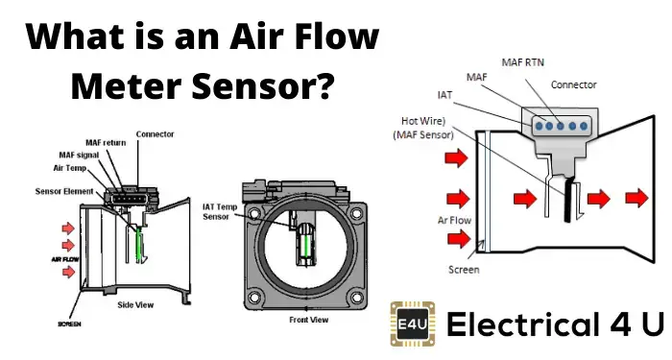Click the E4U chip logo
pyautogui.click(x=413, y=324)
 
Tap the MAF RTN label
pyautogui.click(x=522, y=62)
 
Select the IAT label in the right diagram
pyautogui.click(x=444, y=95)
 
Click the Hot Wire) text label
pyautogui.click(x=423, y=121)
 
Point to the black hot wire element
pyautogui.click(x=569, y=200)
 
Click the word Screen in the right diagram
pyautogui.click(x=464, y=270)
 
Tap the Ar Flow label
pyautogui.click(x=454, y=220)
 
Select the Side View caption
pyautogui.click(x=135, y=305)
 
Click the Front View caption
pyautogui.click(x=308, y=320)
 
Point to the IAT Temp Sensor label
pyautogui.click(x=220, y=212)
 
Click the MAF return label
pyautogui.click(x=106, y=143)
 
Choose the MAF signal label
pyautogui.click(x=79, y=156)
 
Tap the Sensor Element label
pyautogui.click(x=64, y=191)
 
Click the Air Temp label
pyautogui.click(x=70, y=168)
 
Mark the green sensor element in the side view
pyautogui.click(x=139, y=245)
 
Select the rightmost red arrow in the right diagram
pyautogui.click(x=637, y=198)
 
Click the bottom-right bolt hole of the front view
pyautogui.click(x=356, y=296)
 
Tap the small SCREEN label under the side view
pyautogui.click(x=69, y=324)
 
